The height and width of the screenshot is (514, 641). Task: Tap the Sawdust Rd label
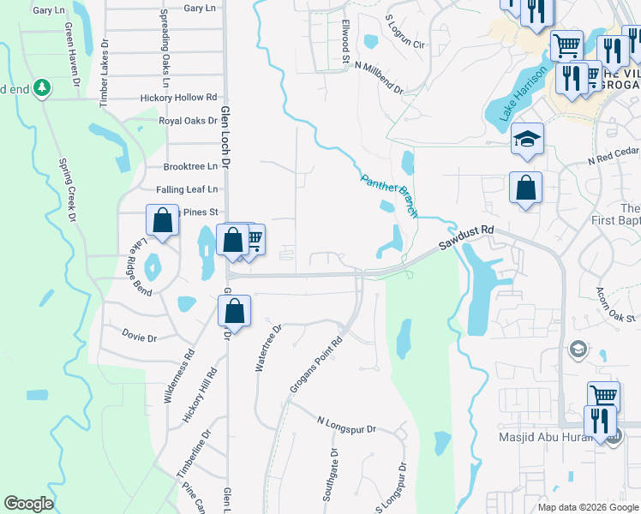tap(466, 238)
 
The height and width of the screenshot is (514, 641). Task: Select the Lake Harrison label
tap(513, 94)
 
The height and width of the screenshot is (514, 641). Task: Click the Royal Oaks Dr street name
tap(189, 121)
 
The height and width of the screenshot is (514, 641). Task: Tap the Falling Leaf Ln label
tap(187, 189)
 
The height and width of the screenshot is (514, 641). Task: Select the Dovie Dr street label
tap(140, 338)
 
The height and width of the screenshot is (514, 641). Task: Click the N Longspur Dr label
tap(346, 421)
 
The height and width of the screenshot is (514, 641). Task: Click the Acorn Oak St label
tap(615, 304)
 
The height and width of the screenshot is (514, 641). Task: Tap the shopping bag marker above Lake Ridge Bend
tap(163, 221)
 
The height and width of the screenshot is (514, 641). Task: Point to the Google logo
tap(28, 504)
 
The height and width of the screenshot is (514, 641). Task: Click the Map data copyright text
tap(587, 507)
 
